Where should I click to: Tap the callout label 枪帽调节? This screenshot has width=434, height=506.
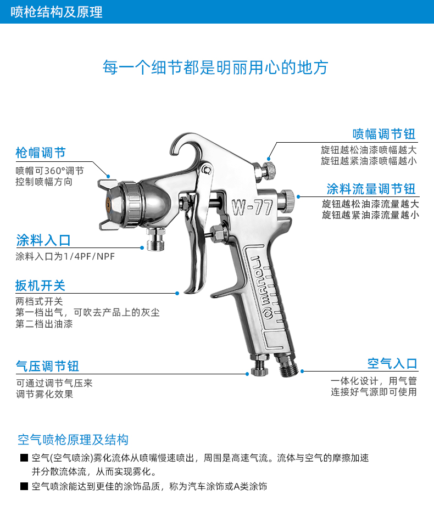(x=40, y=152)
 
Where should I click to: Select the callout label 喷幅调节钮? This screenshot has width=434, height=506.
(x=384, y=134)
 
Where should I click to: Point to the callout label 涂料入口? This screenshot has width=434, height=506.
(x=43, y=240)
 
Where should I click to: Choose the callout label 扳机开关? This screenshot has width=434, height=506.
(x=40, y=285)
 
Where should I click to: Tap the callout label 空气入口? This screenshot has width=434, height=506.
(x=392, y=363)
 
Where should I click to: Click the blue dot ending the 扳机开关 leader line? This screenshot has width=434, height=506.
(x=177, y=293)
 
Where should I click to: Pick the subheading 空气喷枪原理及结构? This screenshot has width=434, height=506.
(x=73, y=440)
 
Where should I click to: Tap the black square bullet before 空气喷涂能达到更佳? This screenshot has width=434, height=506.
(x=24, y=486)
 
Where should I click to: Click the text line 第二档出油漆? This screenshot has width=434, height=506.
(x=44, y=324)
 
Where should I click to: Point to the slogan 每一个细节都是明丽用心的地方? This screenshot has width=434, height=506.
(x=215, y=67)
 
